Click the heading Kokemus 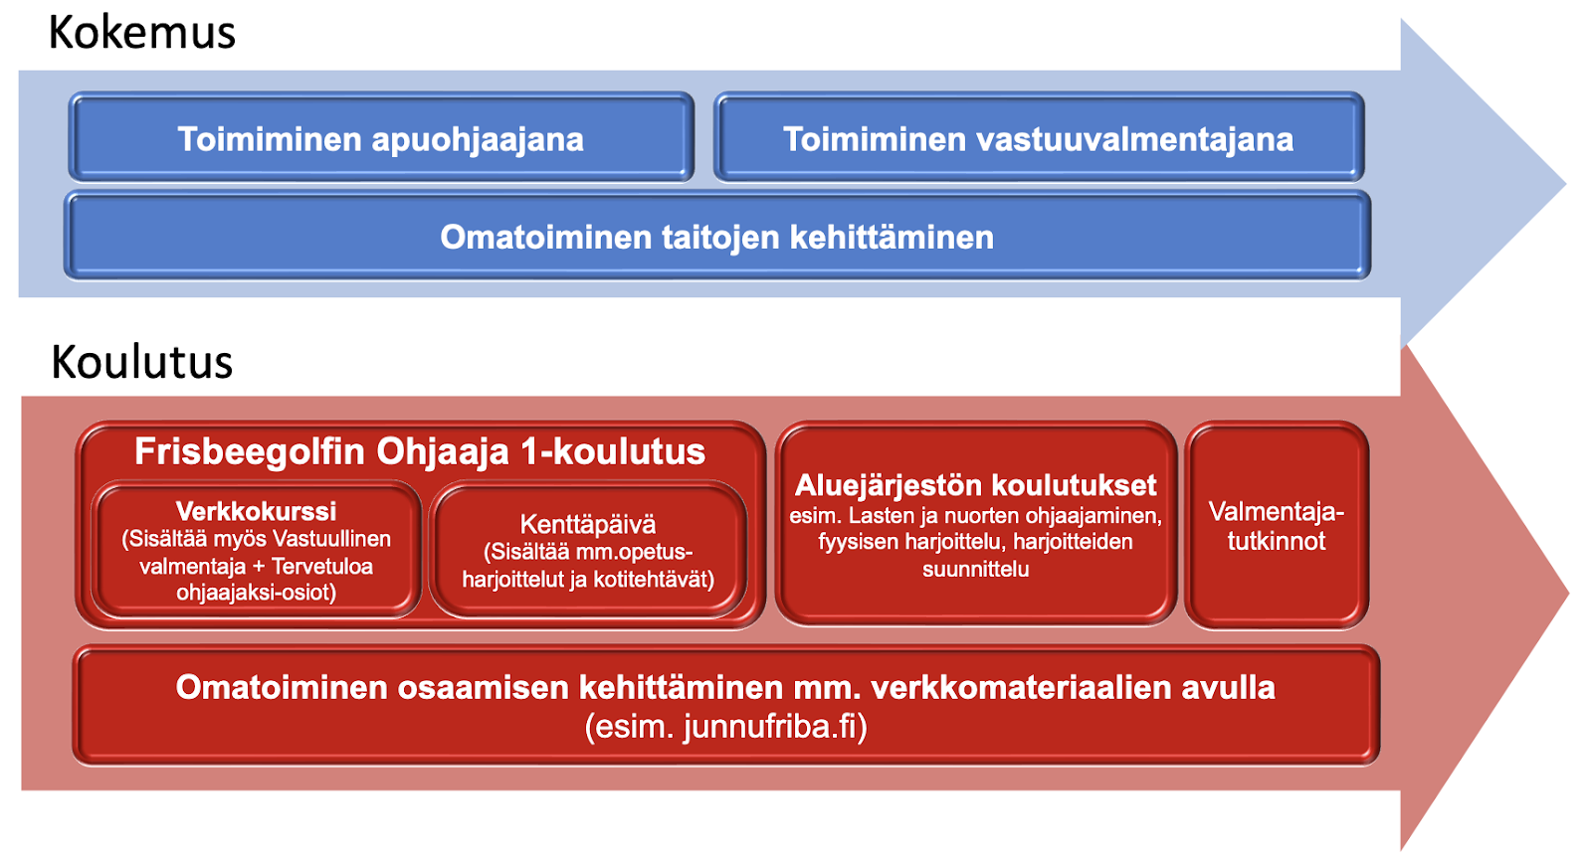(x=142, y=33)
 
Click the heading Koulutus (x=142, y=362)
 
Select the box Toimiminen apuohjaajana (x=381, y=137)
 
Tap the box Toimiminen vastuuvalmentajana (x=1039, y=137)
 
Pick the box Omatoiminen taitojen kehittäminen (x=717, y=236)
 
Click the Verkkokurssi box (x=256, y=550)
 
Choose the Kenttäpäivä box (x=588, y=550)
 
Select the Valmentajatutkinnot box (x=1277, y=526)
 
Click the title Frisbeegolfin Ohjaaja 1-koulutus (x=420, y=451)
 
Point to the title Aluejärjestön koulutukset (x=976, y=486)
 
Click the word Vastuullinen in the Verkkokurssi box (x=332, y=539)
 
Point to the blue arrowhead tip (x=1566, y=184)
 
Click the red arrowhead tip (x=1569, y=592)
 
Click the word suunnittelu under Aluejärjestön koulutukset (x=976, y=569)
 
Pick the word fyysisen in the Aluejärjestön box (x=857, y=543)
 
